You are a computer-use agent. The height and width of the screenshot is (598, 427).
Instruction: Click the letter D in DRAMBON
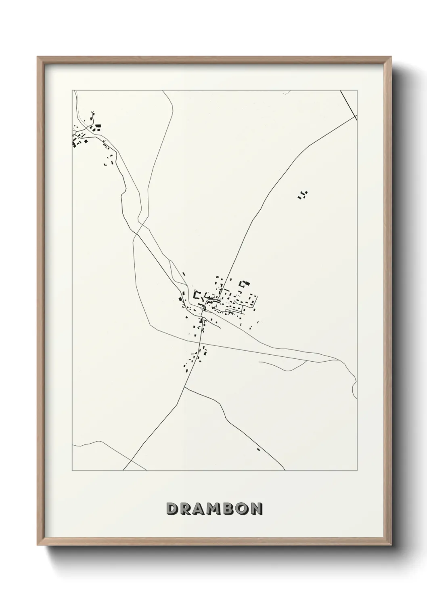[x=172, y=509]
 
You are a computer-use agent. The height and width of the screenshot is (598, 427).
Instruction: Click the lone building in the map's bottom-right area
[x=258, y=449]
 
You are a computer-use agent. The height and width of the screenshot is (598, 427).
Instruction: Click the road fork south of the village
[x=184, y=387]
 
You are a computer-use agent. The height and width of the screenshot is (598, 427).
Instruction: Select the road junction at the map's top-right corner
[x=355, y=116]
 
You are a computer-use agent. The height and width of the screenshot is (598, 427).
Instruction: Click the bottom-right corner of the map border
[x=358, y=471]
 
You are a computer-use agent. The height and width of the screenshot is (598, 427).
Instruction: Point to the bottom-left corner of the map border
[x=72, y=471]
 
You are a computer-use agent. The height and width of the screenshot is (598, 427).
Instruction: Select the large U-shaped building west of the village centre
[x=197, y=294]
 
